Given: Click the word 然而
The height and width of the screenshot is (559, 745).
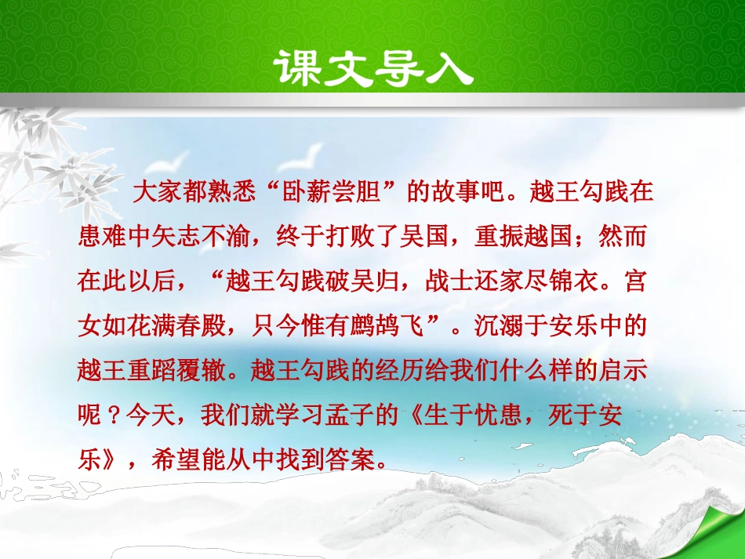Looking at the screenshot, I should (618, 236).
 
